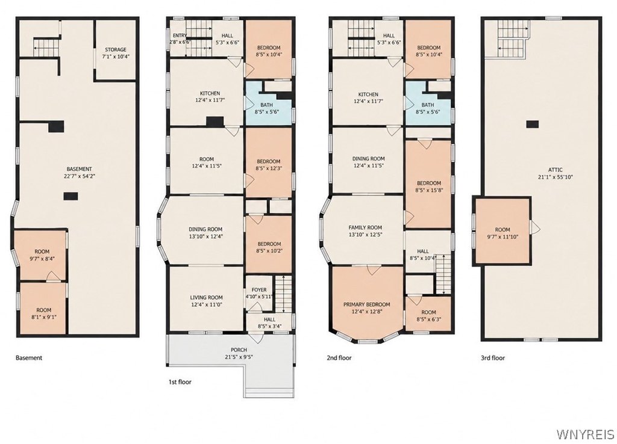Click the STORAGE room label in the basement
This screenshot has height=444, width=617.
[x=115, y=49]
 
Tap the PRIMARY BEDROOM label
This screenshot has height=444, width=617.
[x=367, y=304]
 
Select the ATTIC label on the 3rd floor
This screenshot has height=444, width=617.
[x=555, y=170]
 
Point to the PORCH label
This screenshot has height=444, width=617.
[x=239, y=350]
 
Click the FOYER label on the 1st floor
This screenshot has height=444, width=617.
[x=259, y=289]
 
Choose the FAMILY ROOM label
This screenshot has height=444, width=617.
[x=365, y=227]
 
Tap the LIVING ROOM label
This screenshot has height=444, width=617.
[x=206, y=297]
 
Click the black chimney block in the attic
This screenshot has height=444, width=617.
[x=533, y=124]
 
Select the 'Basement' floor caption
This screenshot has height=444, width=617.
[x=29, y=357]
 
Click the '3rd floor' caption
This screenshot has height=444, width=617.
[x=493, y=357]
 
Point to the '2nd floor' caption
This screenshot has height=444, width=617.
[x=339, y=357]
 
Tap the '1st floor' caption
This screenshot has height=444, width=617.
[x=180, y=381]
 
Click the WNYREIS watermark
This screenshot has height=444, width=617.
[x=585, y=434]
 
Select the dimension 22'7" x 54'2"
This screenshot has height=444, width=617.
[x=80, y=176]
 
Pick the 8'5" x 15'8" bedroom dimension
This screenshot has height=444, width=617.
[x=428, y=190]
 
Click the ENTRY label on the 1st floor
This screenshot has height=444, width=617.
[x=180, y=35]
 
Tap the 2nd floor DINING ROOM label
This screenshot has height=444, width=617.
[x=368, y=159]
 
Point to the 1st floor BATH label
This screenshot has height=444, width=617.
[x=266, y=105]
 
